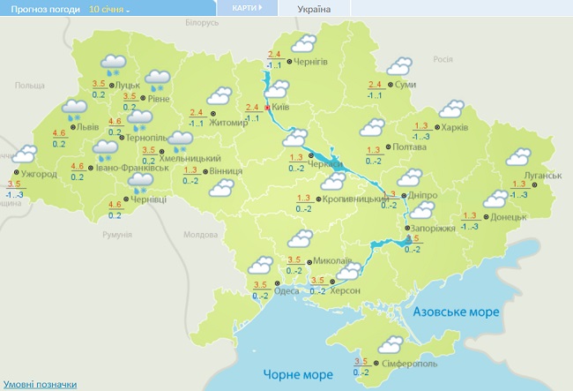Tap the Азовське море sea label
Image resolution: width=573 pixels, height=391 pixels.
[x=458, y=312]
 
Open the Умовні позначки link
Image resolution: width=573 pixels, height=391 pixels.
[x=40, y=385]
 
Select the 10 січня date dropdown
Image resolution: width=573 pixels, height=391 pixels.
[x=109, y=8]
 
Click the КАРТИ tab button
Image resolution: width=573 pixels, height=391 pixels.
[x=248, y=8]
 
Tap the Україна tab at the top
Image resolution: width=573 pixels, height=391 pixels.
[x=315, y=9]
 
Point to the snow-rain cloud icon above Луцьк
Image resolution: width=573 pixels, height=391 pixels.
[x=112, y=64]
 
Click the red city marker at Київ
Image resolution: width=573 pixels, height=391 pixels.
[x=268, y=107]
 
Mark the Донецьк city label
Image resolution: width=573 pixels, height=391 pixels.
[x=508, y=216]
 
